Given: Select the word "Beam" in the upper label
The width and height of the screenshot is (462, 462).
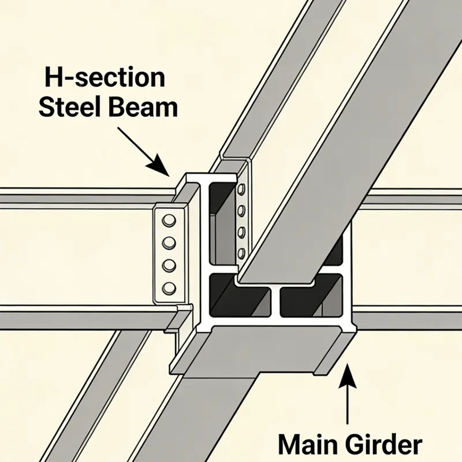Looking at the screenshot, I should coord(144,108).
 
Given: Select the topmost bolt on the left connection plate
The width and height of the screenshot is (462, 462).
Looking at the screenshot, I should coord(169,220).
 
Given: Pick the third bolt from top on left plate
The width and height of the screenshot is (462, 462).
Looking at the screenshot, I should coord(169,265).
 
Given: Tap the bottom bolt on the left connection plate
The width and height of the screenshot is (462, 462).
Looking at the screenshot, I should coord(169,288).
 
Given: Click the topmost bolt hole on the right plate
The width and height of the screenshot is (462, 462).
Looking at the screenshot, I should coord(241,191).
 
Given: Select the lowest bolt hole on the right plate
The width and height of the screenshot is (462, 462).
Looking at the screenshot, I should coord(242,252).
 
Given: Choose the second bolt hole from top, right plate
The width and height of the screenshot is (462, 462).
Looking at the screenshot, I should coord(241,210).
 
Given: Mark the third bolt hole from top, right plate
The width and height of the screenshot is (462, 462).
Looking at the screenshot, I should coord(242,232).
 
